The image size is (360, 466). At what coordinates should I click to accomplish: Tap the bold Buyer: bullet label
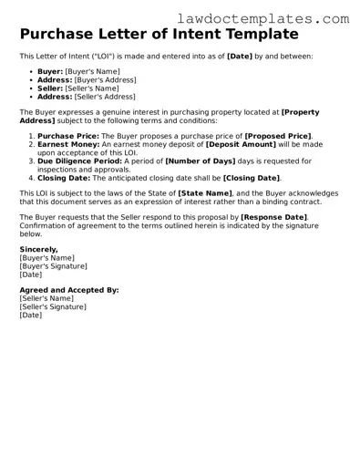[51, 70]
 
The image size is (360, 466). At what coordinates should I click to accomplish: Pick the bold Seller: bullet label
[51, 88]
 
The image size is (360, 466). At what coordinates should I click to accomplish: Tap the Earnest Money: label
[68, 143]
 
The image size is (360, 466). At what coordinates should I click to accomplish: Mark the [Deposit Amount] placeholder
[239, 143]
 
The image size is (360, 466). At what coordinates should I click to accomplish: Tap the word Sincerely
[38, 248]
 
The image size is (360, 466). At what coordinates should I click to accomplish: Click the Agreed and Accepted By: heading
[68, 289]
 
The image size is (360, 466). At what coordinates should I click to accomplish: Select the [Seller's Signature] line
[53, 306]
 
